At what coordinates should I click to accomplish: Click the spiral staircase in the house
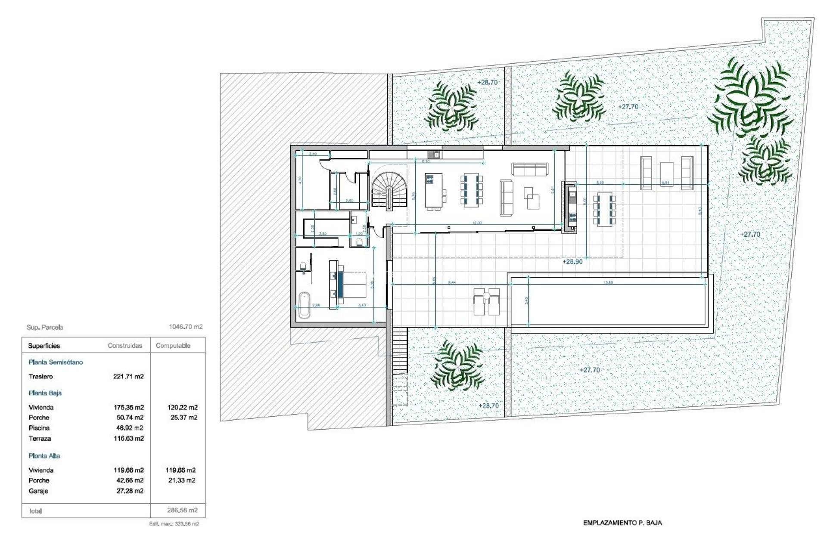click(x=389, y=189)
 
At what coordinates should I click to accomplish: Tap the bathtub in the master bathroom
click(x=304, y=305)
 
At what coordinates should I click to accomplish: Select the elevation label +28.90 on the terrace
click(x=572, y=262)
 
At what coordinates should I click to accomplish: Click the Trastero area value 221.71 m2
click(x=128, y=377)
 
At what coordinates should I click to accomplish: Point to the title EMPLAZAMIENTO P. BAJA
click(x=622, y=523)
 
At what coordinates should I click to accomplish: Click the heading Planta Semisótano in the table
click(x=56, y=362)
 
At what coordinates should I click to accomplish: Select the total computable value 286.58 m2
click(x=182, y=511)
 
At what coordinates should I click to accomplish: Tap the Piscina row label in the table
click(x=39, y=428)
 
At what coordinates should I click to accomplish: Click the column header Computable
click(x=173, y=346)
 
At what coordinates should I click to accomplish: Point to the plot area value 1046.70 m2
click(x=185, y=327)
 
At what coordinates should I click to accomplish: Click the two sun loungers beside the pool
click(x=487, y=302)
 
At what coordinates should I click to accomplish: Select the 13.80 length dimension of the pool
click(x=608, y=283)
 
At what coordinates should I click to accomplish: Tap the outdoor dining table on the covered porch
click(x=604, y=210)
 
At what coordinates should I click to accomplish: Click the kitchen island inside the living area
click(x=433, y=190)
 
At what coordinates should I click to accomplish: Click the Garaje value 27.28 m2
click(x=130, y=491)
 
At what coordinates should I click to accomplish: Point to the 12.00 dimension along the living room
click(x=477, y=223)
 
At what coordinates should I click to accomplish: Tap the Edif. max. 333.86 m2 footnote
click(x=174, y=524)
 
